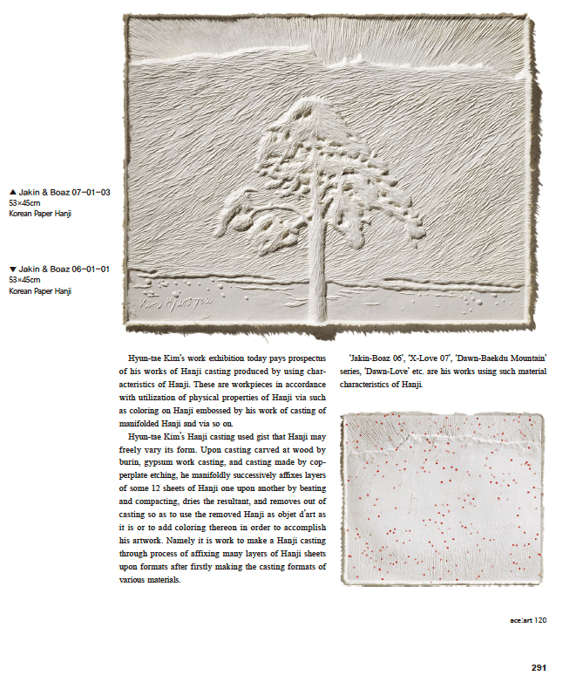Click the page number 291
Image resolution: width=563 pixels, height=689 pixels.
(538, 668)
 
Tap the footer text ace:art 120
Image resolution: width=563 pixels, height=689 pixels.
(527, 621)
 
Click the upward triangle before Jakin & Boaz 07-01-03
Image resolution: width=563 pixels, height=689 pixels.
(12, 191)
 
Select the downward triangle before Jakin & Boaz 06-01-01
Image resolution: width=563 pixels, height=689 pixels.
(12, 269)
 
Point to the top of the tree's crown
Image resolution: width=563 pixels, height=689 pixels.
(309, 106)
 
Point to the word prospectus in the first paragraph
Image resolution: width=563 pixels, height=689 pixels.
(307, 358)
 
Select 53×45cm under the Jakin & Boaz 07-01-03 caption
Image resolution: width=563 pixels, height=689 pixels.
(25, 201)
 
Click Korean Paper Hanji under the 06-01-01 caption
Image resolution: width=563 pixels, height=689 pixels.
(40, 291)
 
